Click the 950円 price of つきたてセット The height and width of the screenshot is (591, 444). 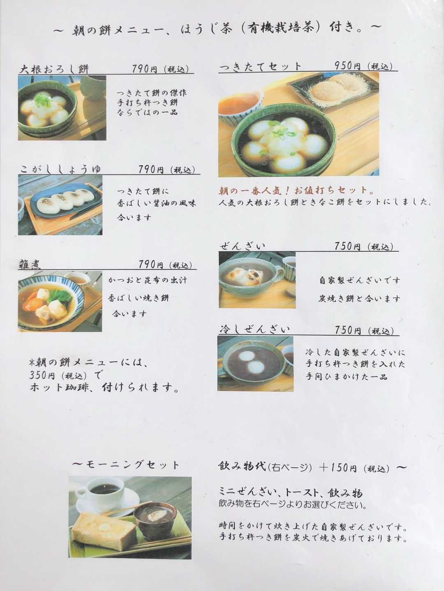(x=347, y=66)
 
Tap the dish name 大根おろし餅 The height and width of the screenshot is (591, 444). (x=54, y=69)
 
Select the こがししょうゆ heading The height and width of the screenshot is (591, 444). (x=60, y=169)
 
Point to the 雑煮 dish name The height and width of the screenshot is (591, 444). (x=30, y=264)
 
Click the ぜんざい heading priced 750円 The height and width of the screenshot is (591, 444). (x=242, y=246)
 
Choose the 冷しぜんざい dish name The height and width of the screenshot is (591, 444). (x=254, y=329)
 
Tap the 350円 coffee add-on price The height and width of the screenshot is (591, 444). (x=43, y=375)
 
